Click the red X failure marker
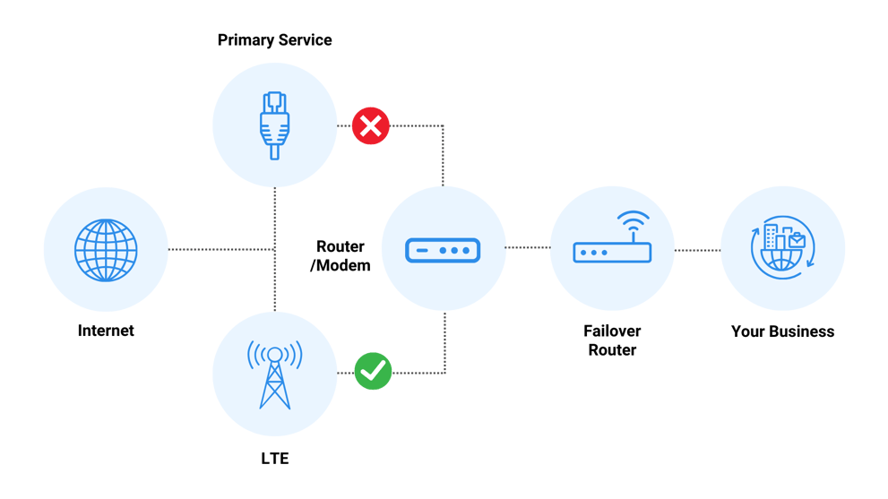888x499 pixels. [370, 125]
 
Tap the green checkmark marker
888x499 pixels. [373, 371]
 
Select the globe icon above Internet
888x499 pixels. [106, 248]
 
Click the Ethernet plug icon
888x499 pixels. [274, 125]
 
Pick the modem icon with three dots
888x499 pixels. [444, 248]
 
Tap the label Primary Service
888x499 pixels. [274, 40]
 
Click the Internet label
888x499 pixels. [106, 331]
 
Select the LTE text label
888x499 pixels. [274, 459]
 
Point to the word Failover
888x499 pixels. [612, 331]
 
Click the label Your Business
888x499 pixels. [782, 331]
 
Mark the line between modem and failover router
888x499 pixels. [527, 248]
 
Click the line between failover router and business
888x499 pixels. [697, 249]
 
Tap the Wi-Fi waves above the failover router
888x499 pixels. [634, 221]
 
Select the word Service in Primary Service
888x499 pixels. [304, 40]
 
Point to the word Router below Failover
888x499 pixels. [612, 349]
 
